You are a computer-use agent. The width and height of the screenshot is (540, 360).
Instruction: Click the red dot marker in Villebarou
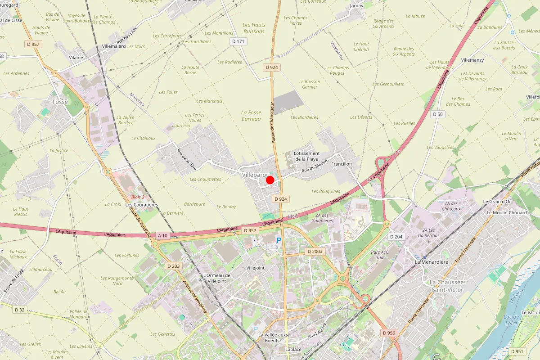270,180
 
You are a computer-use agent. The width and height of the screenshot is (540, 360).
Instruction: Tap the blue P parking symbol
279,241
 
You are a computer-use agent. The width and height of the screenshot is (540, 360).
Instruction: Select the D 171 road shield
239,41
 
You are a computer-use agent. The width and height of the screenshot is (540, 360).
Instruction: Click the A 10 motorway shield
162,235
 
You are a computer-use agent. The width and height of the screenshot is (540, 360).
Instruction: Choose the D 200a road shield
315,251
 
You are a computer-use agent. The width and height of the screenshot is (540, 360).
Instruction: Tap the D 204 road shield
396,237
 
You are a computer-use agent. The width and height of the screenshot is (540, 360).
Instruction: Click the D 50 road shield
438,114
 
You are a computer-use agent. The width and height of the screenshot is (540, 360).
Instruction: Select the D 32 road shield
19,310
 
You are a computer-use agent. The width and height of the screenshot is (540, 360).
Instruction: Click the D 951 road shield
517,351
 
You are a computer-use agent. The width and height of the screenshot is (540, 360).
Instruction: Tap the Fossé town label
60,102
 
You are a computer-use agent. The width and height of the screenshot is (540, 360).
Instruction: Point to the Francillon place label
342,164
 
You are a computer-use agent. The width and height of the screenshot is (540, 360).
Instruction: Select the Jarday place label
356,6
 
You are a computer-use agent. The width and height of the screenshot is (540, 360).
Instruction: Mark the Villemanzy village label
472,60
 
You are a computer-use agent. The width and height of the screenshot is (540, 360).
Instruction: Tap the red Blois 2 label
138,197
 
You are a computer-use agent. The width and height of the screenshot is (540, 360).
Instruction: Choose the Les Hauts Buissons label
254,28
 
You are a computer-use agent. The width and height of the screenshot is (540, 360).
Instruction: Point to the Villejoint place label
255,267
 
